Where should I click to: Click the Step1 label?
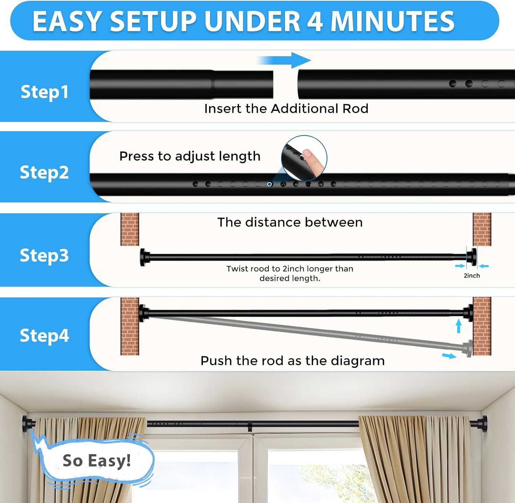coord(45,92)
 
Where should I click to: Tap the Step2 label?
coord(44,172)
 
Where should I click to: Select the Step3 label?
coord(44,255)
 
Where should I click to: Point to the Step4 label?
coord(44,335)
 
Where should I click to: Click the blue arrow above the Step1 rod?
coord(284,60)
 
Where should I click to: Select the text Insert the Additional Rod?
coord(286,109)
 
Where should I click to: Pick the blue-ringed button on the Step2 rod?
coord(270,184)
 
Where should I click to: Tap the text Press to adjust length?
coord(190,156)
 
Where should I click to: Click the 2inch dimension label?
coord(472,276)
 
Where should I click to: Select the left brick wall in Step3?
coord(130,229)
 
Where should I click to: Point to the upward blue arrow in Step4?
coord(459,326)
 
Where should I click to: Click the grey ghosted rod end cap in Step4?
coord(468,348)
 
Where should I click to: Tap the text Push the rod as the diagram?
coord(293,361)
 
